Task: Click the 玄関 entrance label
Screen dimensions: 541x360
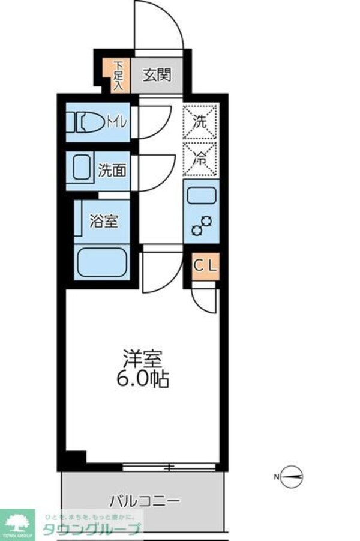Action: pos(158,75)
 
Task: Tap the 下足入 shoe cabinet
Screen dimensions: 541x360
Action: pos(119,75)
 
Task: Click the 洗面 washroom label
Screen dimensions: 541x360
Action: pos(112,170)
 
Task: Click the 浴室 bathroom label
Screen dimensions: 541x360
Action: pos(103,220)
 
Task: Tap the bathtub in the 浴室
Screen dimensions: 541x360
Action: pos(101,262)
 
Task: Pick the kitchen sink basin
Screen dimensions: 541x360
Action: pos(201,196)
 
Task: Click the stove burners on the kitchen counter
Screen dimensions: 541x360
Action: pos(202,225)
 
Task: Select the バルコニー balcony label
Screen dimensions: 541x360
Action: pos(145,500)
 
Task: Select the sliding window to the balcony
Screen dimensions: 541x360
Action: pos(169,466)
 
